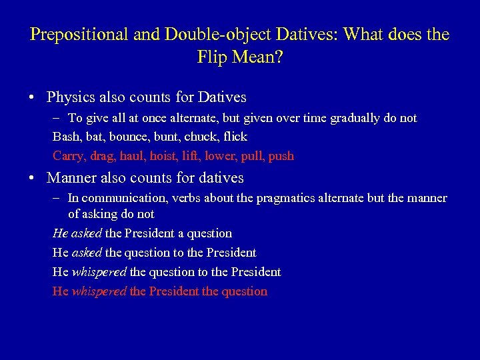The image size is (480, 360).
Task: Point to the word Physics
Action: tap(71, 97)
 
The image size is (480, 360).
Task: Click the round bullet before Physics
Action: tap(33, 98)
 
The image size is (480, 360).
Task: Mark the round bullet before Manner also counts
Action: tap(33, 179)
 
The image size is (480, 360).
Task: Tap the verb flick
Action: tap(235, 137)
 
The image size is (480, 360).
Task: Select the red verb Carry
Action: tap(67, 156)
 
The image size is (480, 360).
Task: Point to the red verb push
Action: tap(281, 156)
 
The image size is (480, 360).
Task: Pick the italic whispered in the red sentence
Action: tap(99, 291)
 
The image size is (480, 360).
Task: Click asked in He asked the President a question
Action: tap(87, 233)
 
